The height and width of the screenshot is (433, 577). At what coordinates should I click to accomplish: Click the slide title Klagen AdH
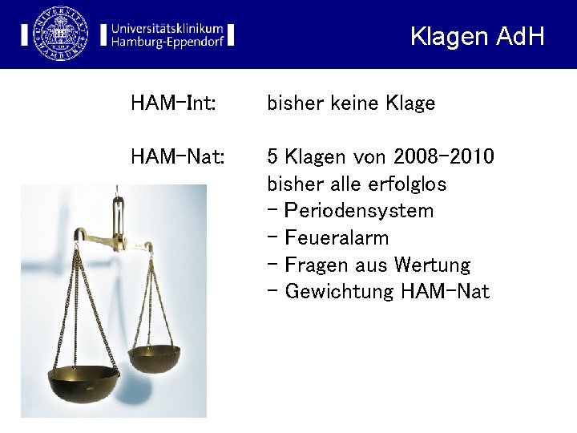[477, 36]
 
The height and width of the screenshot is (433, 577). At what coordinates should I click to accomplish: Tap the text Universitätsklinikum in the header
[167, 26]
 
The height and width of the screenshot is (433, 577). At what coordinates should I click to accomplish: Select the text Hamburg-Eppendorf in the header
[167, 42]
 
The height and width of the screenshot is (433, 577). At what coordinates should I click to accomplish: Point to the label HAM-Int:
[173, 103]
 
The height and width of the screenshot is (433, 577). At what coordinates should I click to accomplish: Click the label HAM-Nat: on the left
[177, 156]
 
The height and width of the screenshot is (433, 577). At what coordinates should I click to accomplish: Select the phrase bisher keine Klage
[351, 103]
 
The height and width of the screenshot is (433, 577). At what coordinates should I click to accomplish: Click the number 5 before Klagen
[272, 156]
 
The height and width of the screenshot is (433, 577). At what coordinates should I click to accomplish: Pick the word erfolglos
[406, 184]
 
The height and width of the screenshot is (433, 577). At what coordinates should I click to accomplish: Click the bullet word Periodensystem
[359, 211]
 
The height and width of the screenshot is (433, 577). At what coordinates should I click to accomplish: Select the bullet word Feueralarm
[337, 238]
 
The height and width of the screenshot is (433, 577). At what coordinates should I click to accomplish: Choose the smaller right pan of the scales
[155, 358]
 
